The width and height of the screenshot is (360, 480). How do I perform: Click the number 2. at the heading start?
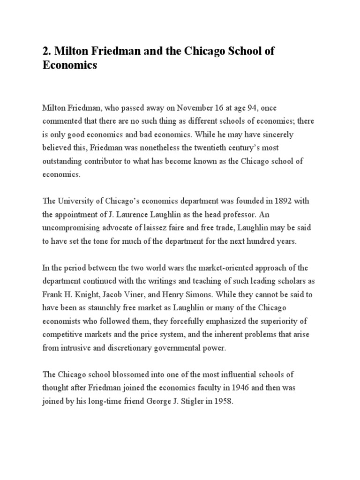tap(47, 51)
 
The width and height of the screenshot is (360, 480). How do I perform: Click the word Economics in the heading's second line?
tap(70, 65)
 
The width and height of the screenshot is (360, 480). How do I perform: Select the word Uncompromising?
tap(73, 227)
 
